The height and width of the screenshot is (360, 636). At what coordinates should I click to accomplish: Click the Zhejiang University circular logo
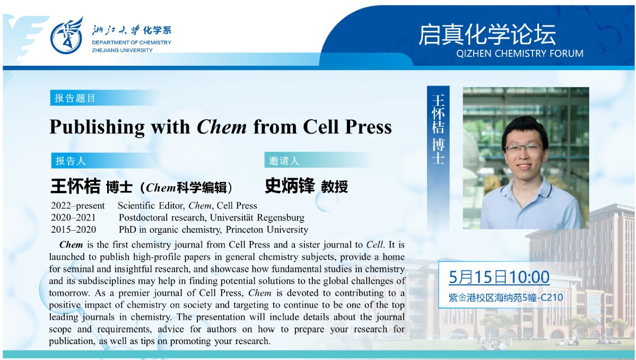click(66, 36)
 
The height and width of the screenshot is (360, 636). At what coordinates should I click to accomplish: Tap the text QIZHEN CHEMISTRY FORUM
click(520, 54)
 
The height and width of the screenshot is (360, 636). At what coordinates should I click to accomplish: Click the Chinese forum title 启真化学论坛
click(487, 34)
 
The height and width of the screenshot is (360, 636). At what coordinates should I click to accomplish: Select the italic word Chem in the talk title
click(222, 127)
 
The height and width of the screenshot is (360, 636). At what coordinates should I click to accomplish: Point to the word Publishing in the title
click(97, 127)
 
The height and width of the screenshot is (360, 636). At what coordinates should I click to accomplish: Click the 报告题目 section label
click(75, 98)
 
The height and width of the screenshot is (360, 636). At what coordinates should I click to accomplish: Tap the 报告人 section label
click(71, 161)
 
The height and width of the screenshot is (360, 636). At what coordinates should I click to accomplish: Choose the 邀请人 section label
click(284, 161)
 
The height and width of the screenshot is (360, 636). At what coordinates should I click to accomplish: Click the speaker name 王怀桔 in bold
click(75, 187)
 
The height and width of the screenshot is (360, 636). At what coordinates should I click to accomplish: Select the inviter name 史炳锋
click(290, 186)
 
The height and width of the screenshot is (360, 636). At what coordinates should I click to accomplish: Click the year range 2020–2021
click(73, 218)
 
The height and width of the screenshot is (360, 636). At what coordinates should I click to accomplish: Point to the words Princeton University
click(267, 230)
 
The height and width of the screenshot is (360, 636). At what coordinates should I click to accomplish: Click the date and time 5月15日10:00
click(499, 277)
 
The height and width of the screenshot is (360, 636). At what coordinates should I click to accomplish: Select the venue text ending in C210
click(506, 297)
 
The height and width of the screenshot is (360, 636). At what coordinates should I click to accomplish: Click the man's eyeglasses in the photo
click(524, 148)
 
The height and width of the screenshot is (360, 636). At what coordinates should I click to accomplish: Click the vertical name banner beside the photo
click(438, 154)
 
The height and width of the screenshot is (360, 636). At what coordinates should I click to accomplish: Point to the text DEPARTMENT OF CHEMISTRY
click(132, 42)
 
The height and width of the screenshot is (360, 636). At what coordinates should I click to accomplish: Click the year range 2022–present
click(78, 206)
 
